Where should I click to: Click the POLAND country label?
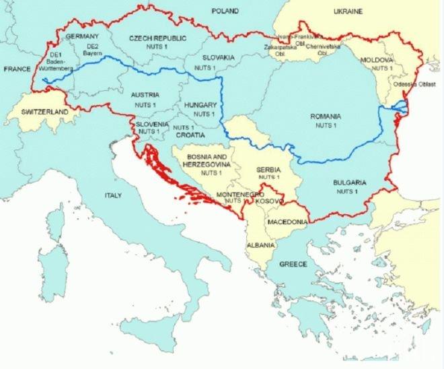point(224,11)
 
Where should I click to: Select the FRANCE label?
point(17,69)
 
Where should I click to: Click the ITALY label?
point(111,195)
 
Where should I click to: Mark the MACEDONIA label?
point(287,222)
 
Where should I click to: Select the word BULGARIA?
point(348,182)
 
